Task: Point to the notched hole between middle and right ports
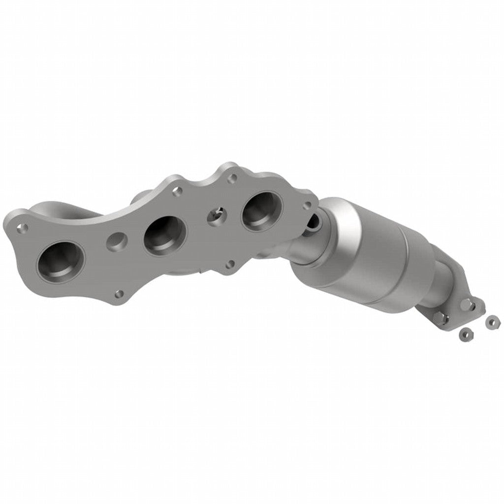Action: [x=217, y=215]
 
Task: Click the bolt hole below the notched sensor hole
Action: [x=229, y=265]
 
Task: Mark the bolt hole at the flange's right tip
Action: [x=308, y=205]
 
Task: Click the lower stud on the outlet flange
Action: [x=444, y=320]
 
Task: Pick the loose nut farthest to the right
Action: [x=491, y=321]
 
